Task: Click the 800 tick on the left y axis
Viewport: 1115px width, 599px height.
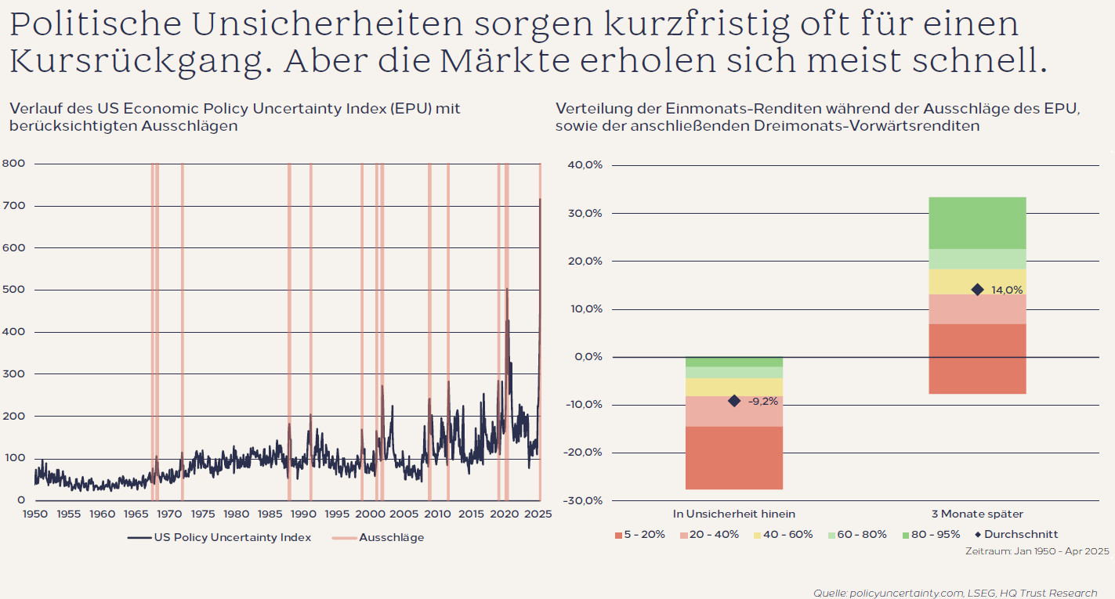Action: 13,164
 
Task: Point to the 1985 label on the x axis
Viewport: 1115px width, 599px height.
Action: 270,514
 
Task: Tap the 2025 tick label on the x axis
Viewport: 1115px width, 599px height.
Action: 538,514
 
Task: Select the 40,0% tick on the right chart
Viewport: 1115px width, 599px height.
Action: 585,165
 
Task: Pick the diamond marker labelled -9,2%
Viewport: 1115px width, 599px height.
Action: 734,401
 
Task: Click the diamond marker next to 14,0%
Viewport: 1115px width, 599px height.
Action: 977,290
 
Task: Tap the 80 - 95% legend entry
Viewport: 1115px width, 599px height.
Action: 933,534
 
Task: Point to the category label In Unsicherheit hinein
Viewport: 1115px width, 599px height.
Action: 734,514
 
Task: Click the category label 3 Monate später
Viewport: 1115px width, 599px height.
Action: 977,514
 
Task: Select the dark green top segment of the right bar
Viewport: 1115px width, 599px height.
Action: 977,223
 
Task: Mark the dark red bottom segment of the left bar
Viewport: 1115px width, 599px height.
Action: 734,458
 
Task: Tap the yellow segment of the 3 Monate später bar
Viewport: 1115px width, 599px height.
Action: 977,282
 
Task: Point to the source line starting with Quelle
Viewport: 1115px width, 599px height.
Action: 954,593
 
